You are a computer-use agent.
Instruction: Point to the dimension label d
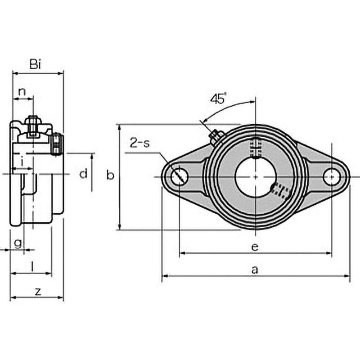point(83,174)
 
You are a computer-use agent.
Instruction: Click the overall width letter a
point(255,270)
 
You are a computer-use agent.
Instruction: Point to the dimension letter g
point(18,243)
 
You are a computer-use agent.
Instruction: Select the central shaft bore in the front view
point(255,176)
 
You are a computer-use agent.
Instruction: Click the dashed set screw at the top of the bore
point(255,147)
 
